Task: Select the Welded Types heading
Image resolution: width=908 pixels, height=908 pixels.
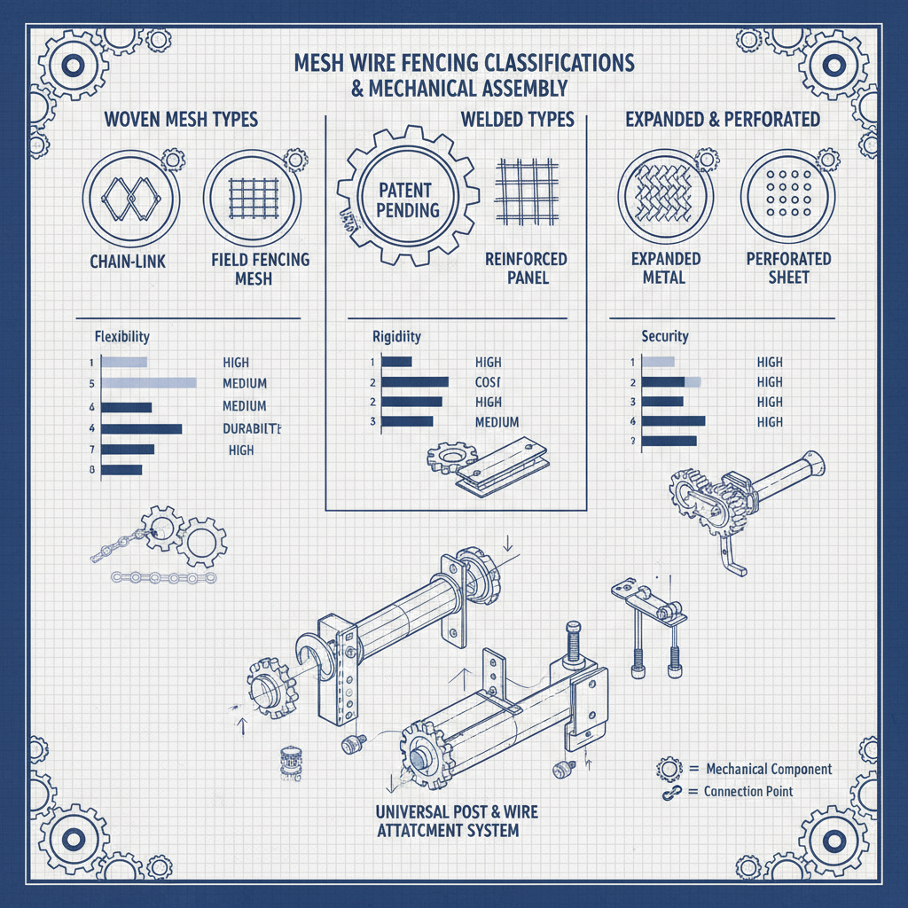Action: tap(517, 119)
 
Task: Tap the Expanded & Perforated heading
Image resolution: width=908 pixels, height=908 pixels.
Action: tap(723, 119)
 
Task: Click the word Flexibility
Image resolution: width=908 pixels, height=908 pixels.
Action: tap(121, 337)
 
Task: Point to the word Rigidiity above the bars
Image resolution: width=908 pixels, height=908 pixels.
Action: tap(396, 337)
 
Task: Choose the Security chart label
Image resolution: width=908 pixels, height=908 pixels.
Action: tap(664, 337)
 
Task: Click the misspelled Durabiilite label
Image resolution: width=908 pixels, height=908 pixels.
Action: tap(253, 428)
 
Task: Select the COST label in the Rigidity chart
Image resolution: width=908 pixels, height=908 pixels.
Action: tap(488, 381)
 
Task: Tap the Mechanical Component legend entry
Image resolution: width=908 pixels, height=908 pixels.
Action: tap(768, 769)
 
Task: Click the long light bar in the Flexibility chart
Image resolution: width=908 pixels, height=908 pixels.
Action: tap(148, 382)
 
